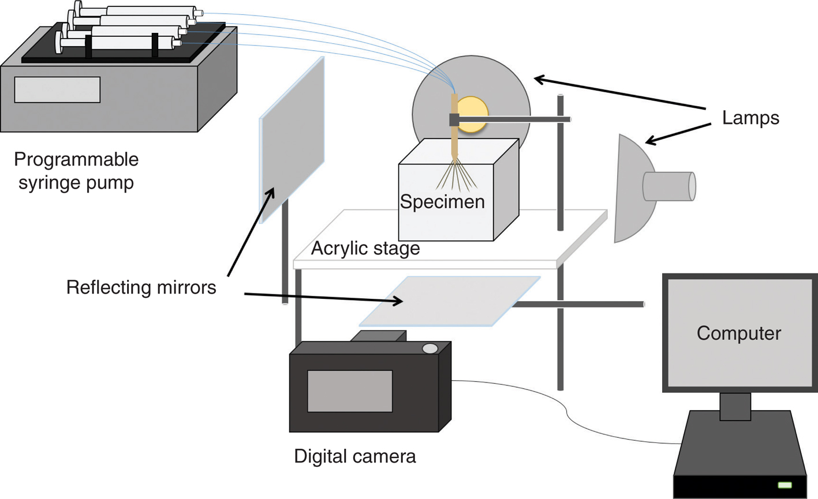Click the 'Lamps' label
(750, 118)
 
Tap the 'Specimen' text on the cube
(442, 202)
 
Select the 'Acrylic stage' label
(365, 249)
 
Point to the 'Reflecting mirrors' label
(141, 287)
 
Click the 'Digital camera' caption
(354, 456)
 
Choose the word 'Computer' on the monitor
(738, 333)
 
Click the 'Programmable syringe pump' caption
(76, 171)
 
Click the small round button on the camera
(429, 348)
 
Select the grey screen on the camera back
(350, 391)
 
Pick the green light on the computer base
(785, 485)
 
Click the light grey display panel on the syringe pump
(57, 90)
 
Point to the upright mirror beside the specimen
(292, 138)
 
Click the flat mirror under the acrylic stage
(450, 301)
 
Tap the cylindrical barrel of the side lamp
(670, 186)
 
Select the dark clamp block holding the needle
(454, 120)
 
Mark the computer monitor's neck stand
(735, 406)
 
